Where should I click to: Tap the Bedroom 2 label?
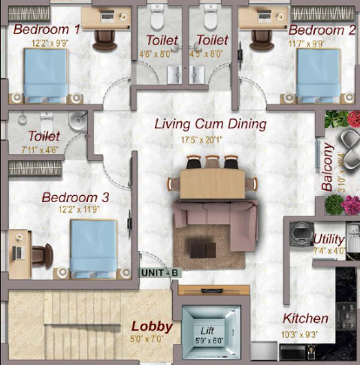point(322,30)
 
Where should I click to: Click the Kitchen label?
point(305,318)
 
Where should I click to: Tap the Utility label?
point(328,239)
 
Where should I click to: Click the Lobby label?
point(153,327)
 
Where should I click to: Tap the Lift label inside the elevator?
point(208,330)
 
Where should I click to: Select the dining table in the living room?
point(212,181)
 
